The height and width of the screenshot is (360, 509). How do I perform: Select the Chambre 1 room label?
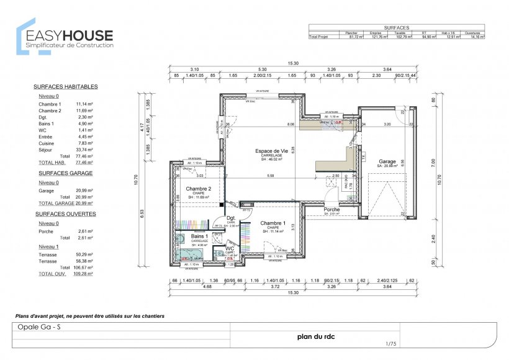click(273, 223)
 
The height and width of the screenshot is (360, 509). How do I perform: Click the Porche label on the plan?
click(331, 210)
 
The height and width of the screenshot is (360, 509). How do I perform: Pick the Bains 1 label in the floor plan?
click(199, 236)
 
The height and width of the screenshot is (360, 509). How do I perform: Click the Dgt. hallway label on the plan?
click(230, 218)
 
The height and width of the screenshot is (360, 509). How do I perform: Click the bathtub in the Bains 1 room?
click(191, 254)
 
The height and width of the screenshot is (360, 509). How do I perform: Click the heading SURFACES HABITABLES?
click(65, 87)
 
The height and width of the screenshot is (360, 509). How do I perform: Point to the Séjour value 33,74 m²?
click(84, 150)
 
